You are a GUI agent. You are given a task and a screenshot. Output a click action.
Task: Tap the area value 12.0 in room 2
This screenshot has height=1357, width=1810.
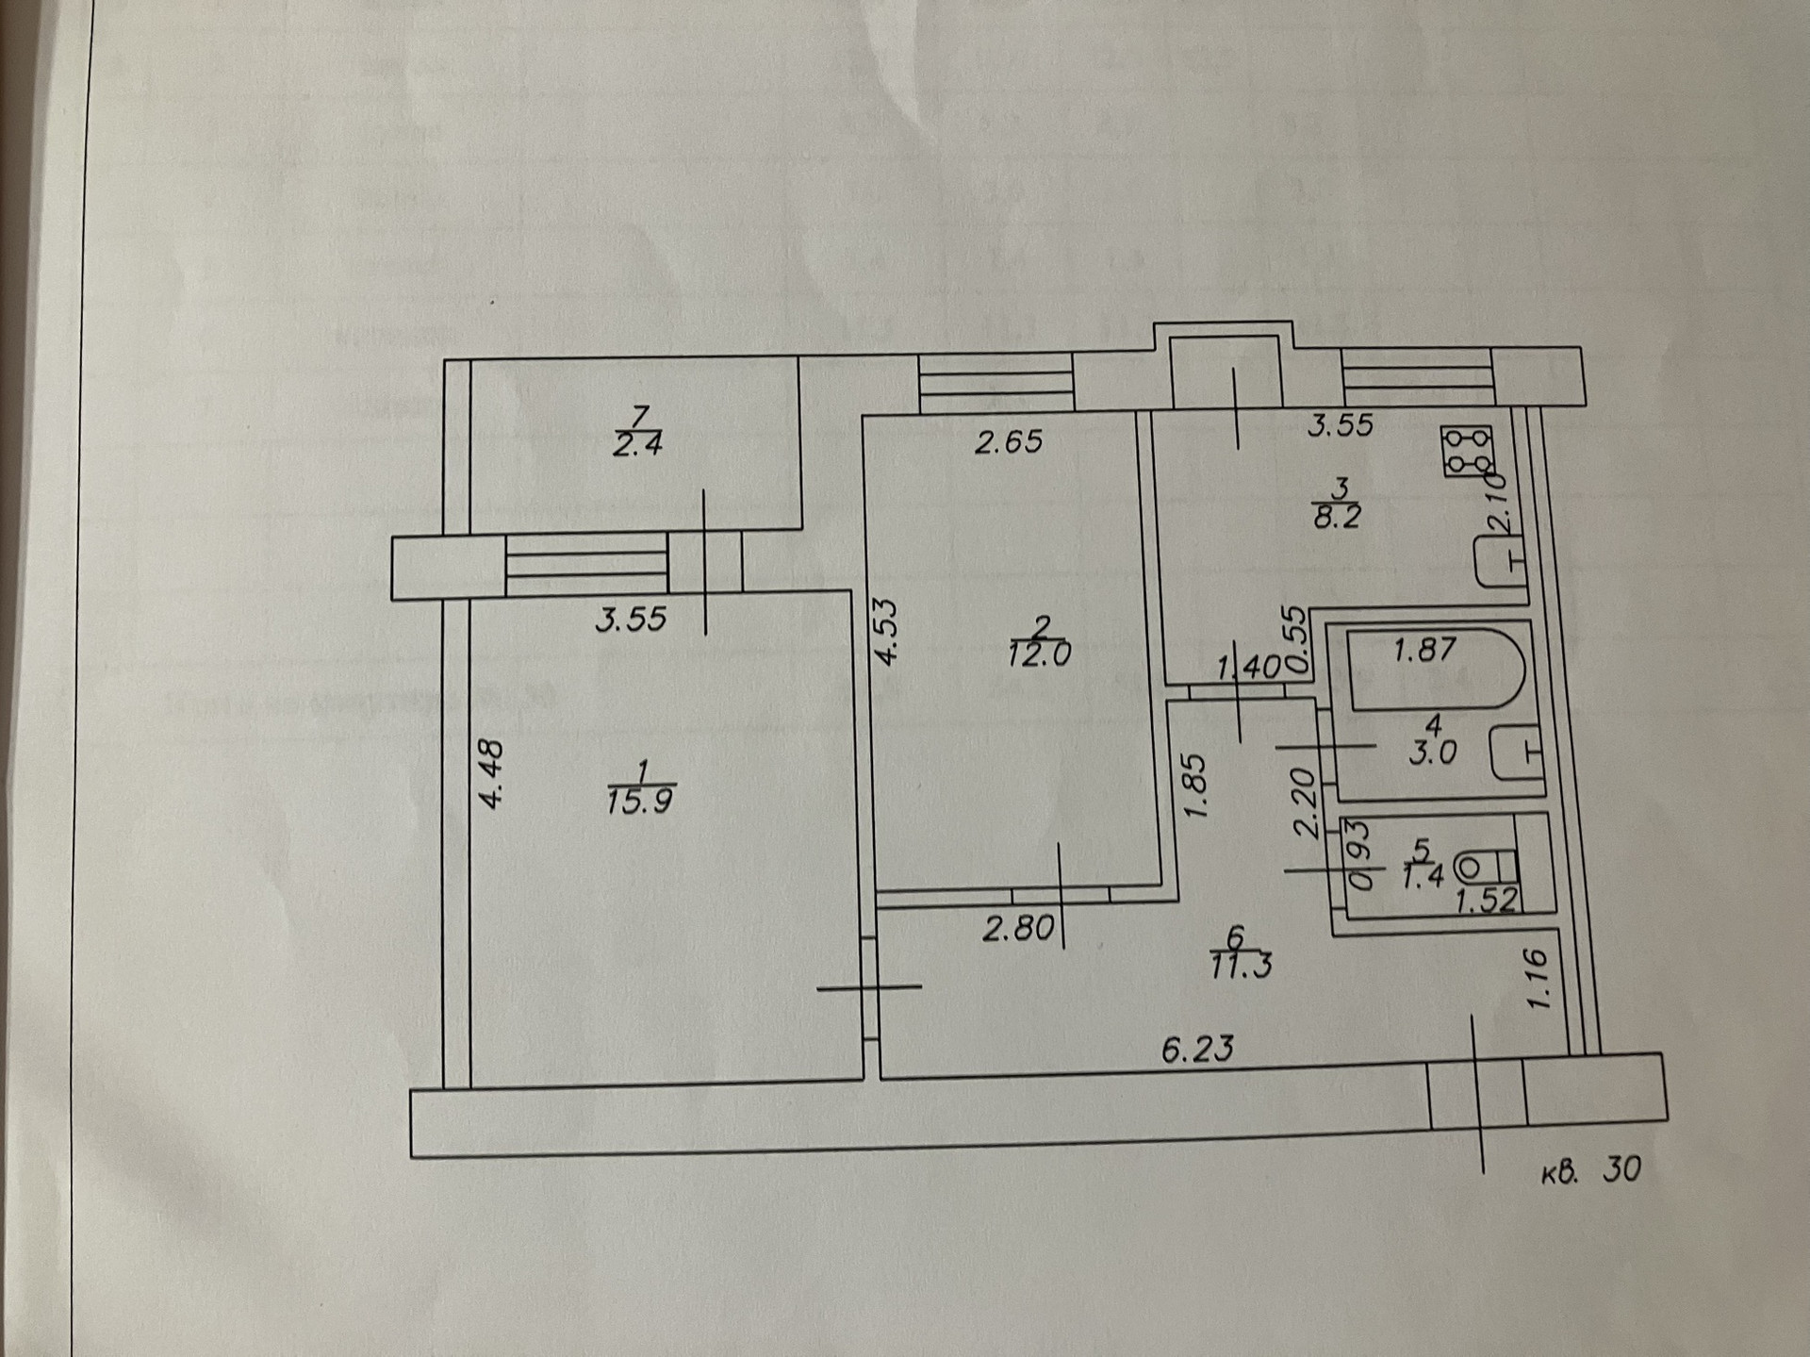click(x=1039, y=654)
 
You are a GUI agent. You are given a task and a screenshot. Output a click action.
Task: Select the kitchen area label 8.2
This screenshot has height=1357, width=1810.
click(x=1338, y=517)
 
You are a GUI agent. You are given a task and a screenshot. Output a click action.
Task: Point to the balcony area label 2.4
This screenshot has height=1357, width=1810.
click(x=638, y=444)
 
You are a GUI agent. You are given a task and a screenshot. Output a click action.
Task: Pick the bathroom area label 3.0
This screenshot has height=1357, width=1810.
click(x=1433, y=753)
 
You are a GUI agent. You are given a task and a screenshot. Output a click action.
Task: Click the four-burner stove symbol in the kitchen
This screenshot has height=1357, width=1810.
click(x=1467, y=451)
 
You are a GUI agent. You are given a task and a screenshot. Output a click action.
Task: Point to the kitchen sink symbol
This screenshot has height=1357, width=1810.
click(x=1499, y=563)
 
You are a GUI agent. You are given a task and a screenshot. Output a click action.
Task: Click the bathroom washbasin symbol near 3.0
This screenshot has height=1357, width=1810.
click(x=1516, y=753)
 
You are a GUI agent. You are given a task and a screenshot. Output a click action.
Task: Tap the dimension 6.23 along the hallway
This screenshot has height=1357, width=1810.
click(x=1197, y=1049)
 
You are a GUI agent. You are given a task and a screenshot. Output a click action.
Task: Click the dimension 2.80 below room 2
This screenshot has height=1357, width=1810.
click(x=1018, y=929)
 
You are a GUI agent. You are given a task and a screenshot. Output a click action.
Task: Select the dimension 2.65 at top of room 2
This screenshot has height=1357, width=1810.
click(x=1009, y=441)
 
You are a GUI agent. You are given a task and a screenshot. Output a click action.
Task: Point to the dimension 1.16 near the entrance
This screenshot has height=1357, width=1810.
click(x=1537, y=979)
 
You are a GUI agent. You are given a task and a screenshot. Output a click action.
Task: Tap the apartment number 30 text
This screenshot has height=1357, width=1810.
click(x=1621, y=1169)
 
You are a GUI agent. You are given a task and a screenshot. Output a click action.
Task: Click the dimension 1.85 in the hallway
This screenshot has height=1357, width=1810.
click(x=1194, y=785)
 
